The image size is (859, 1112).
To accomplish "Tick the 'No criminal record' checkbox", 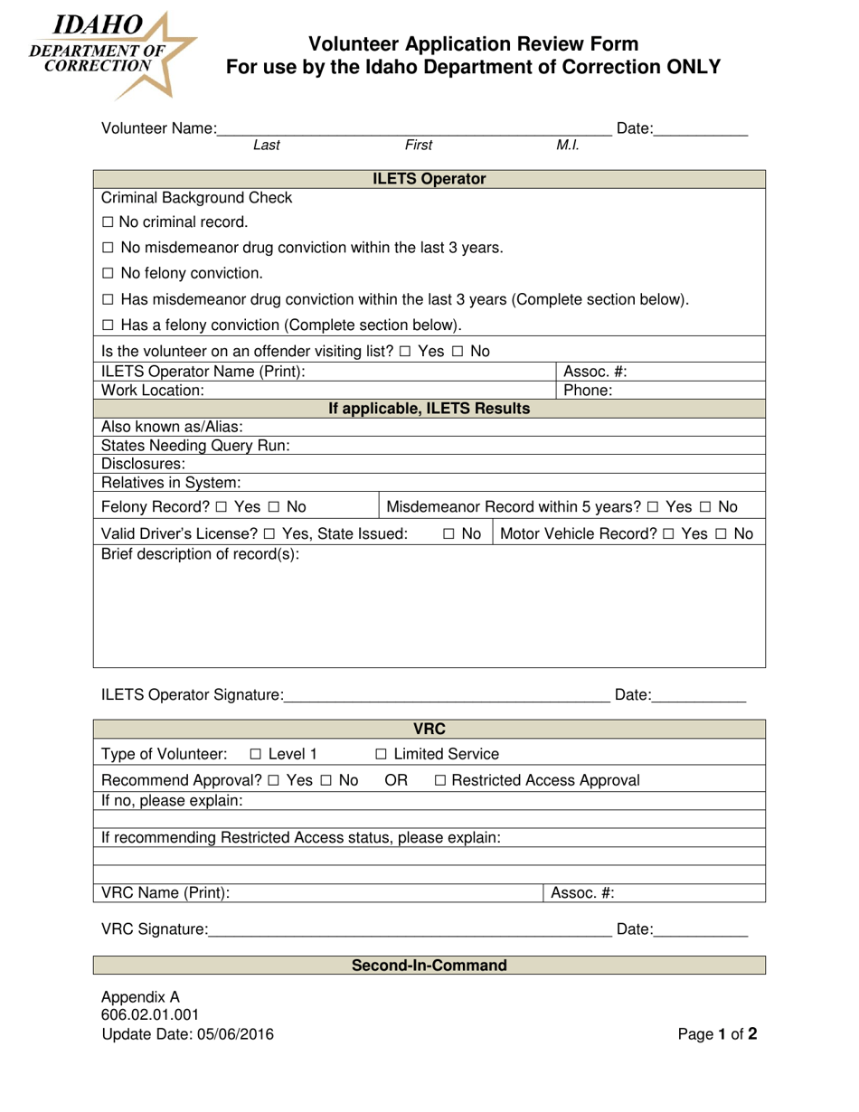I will (108, 222).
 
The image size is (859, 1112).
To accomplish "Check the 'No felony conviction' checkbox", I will (108, 273).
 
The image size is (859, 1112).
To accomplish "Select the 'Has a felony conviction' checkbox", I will (108, 325).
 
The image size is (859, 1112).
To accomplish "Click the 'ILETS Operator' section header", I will (429, 179).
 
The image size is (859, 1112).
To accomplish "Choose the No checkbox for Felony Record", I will (273, 506).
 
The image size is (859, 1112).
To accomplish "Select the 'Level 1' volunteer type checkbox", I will (256, 754).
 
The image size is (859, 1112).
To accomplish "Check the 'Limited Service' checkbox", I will (381, 754).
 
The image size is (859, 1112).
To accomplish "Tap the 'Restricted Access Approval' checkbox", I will (440, 780).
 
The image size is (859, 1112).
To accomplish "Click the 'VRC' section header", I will (429, 730).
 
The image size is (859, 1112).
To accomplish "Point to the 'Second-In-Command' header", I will (429, 966).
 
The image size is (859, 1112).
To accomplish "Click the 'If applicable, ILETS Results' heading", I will (429, 409).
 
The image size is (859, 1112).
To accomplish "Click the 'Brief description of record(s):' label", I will (200, 554).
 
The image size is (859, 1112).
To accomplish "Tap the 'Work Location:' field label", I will (153, 391).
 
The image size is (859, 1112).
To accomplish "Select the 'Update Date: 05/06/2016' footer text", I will (187, 1035).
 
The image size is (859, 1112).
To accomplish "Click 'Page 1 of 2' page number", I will (717, 1035).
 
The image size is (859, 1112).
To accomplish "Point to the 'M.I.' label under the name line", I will (568, 145).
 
